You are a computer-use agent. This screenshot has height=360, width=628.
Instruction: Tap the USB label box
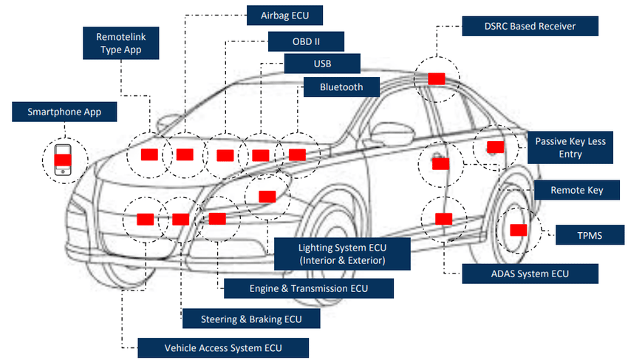coord(322,64)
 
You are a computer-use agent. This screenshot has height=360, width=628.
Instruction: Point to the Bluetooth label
coord(341,87)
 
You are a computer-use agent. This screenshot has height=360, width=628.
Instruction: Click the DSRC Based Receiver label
coord(530,27)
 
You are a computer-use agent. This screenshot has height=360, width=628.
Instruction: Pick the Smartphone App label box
coord(64,112)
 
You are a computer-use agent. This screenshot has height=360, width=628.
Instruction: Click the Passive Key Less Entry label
coord(571,147)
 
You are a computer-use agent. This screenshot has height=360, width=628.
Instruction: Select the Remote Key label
coord(576,191)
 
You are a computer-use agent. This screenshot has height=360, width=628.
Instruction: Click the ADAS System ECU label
coord(529,274)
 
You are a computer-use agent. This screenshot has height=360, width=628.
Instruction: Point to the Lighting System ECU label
coord(342,254)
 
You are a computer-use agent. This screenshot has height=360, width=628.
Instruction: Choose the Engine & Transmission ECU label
coord(308,288)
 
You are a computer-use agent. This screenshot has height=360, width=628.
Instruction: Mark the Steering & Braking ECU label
coord(251,319)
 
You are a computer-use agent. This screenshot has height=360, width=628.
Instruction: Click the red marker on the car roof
coord(436,78)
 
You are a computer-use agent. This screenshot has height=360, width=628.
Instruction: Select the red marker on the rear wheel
coord(519,230)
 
